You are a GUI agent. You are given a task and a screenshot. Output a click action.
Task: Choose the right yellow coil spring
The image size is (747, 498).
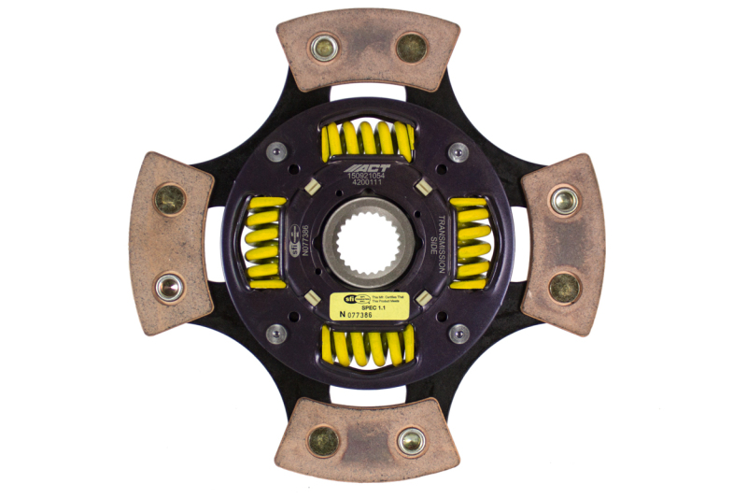469,241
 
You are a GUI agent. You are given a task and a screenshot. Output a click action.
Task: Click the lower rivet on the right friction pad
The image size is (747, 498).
564,287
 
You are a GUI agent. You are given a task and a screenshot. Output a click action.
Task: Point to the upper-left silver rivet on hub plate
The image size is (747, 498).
277,151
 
